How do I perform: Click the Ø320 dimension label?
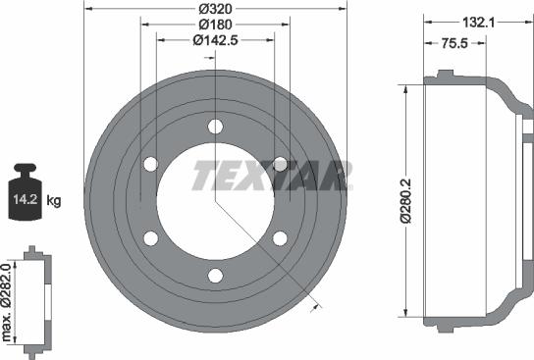click(x=214, y=9)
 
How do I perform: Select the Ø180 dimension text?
click(x=214, y=24)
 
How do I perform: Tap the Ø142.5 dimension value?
click(x=214, y=39)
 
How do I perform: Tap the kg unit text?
click(x=54, y=201)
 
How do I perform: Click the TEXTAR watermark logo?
click(x=272, y=176)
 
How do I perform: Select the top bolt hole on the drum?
click(x=215, y=126)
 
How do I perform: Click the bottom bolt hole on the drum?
click(x=215, y=276)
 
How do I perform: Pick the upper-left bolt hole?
click(x=150, y=164)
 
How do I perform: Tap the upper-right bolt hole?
click(x=280, y=164)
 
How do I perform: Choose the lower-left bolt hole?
click(x=150, y=238)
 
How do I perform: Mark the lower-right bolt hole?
click(x=280, y=238)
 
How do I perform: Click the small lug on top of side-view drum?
click(x=445, y=74)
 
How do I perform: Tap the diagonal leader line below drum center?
click(x=265, y=254)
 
